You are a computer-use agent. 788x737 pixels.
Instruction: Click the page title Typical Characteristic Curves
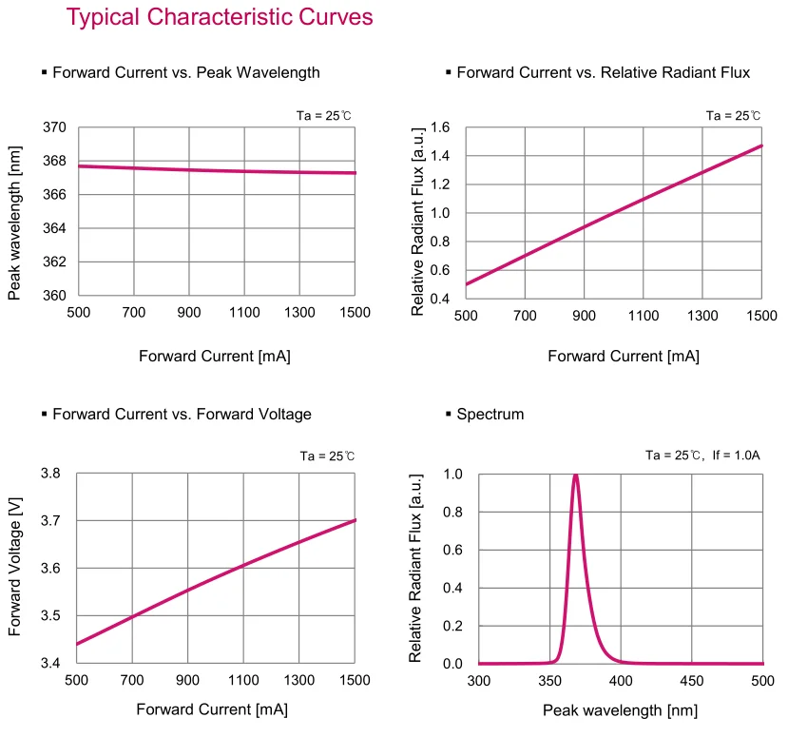pyautogui.click(x=219, y=17)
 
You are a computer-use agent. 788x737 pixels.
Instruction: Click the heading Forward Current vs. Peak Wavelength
pyautogui.click(x=185, y=72)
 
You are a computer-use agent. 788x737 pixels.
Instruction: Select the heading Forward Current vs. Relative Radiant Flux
pyautogui.click(x=603, y=72)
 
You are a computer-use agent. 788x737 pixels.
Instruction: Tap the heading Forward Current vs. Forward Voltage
pyautogui.click(x=182, y=414)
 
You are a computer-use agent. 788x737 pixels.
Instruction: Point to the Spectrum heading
pyautogui.click(x=490, y=414)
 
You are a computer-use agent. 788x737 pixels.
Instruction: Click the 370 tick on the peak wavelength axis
pyautogui.click(x=54, y=127)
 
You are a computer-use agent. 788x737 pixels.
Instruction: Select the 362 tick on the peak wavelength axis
pyautogui.click(x=54, y=262)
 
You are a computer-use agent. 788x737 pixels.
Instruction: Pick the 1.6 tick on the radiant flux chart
pyautogui.click(x=439, y=127)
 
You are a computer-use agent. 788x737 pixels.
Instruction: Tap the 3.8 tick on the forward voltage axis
pyautogui.click(x=50, y=474)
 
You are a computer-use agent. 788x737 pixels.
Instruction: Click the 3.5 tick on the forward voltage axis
pyautogui.click(x=50, y=616)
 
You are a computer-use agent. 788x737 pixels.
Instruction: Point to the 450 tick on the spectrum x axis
pyautogui.click(x=691, y=681)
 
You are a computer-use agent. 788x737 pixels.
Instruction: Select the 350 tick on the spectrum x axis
pyautogui.click(x=549, y=681)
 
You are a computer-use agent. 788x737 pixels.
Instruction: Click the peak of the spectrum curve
pyautogui.click(x=575, y=475)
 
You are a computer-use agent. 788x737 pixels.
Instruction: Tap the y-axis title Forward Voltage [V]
pyautogui.click(x=15, y=568)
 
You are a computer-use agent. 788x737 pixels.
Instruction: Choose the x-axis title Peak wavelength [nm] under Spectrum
pyautogui.click(x=620, y=710)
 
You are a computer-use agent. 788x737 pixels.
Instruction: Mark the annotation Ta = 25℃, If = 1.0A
pyautogui.click(x=702, y=456)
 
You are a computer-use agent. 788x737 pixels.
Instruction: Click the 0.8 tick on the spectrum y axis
pyautogui.click(x=452, y=512)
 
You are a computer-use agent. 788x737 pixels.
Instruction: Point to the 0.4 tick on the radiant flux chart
pyautogui.click(x=439, y=299)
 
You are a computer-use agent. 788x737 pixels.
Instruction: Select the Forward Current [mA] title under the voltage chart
pyautogui.click(x=212, y=709)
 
